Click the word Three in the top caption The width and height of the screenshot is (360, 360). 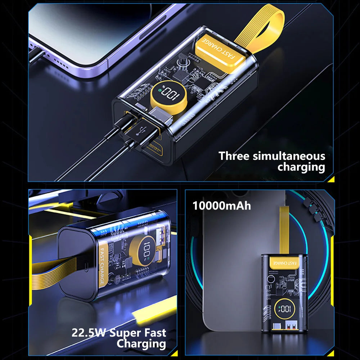click(234, 156)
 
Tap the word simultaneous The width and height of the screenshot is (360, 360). click(289, 156)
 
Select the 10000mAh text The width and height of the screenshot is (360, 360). click(221, 206)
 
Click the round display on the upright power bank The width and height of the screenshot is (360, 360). click(285, 309)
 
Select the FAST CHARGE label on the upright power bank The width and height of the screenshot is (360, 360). click(284, 262)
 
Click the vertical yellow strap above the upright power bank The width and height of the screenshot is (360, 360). click(284, 230)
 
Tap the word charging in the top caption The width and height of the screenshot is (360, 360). click(301, 167)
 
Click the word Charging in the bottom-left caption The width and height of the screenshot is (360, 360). click(141, 344)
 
